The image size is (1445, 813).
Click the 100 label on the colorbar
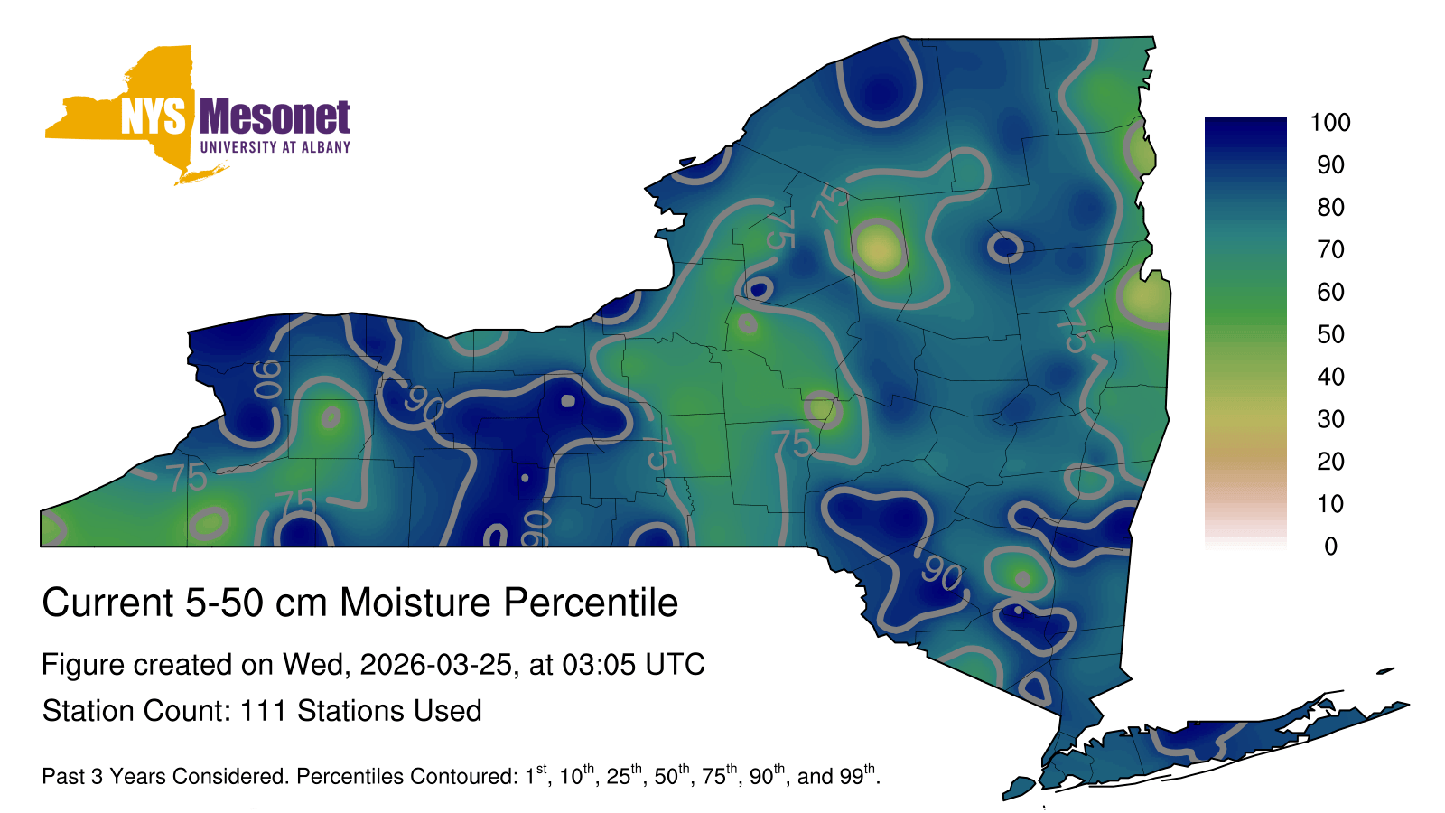point(1330,123)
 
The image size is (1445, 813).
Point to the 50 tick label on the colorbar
point(1331,334)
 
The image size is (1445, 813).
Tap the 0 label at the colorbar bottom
point(1331,547)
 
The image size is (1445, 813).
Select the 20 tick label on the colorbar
point(1331,462)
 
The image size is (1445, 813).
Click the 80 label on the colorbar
point(1331,207)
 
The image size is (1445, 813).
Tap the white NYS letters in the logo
point(154,117)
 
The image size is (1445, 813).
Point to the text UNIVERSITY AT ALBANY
point(275,147)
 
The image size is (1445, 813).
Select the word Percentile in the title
point(591,603)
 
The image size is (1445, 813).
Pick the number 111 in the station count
point(263,711)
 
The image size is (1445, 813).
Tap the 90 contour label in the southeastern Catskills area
point(942,573)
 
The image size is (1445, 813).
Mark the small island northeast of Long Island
point(1385,671)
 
